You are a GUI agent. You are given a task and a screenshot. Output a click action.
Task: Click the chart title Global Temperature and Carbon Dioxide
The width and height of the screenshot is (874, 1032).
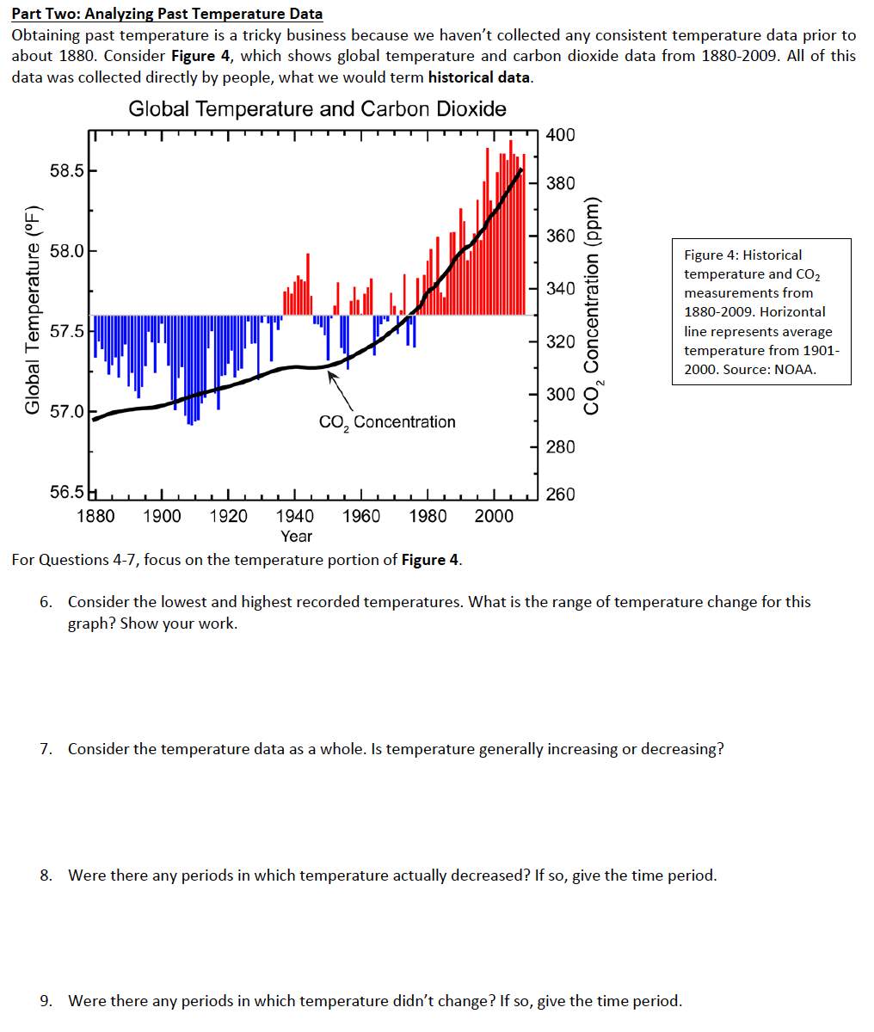pos(317,109)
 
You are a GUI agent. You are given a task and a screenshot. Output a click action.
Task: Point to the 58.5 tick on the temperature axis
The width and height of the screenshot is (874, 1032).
pos(67,170)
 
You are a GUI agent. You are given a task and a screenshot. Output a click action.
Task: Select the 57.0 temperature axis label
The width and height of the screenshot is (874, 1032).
pos(67,411)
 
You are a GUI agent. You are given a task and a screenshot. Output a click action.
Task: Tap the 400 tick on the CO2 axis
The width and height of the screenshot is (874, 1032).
pos(561,135)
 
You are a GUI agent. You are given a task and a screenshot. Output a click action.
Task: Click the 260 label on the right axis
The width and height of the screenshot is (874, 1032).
pos(561,494)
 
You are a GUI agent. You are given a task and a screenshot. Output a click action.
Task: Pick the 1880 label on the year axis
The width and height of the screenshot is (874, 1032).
pos(95,516)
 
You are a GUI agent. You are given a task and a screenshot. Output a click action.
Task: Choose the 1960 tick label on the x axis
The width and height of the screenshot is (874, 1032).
pos(362,516)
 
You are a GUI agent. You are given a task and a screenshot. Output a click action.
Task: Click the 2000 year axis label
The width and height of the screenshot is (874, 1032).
pos(494,516)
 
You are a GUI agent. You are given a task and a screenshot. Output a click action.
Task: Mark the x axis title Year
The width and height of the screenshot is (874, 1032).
pos(297,537)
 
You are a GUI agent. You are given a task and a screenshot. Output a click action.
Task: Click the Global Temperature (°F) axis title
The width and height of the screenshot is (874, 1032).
pos(33,310)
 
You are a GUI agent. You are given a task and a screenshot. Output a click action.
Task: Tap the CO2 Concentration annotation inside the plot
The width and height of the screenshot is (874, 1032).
pos(387,422)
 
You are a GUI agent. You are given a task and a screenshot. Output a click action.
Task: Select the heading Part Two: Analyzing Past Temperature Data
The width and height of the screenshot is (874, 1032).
pos(167,13)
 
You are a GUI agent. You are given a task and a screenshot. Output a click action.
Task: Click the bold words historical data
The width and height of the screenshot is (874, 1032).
pos(479,77)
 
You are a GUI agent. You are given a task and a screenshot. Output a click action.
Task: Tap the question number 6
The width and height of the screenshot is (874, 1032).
pos(46,602)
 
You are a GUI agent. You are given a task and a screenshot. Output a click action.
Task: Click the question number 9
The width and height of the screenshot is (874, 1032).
pos(46,1001)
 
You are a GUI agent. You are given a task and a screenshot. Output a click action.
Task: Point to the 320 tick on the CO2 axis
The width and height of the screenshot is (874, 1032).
pos(561,341)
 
